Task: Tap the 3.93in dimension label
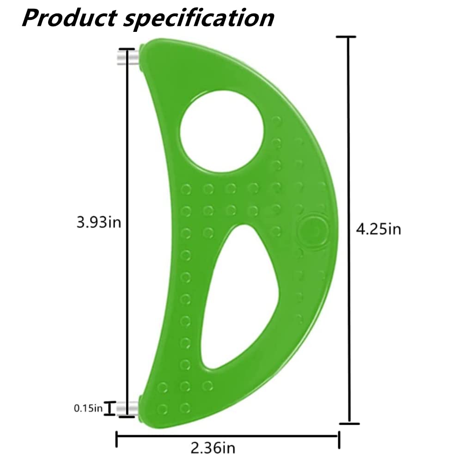99,223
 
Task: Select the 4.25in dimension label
378,229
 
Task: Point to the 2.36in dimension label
213,447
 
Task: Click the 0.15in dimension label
88,408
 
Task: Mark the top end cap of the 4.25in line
349,37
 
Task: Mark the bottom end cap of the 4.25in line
349,423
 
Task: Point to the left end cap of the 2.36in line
116,439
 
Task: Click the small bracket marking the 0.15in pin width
109,408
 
